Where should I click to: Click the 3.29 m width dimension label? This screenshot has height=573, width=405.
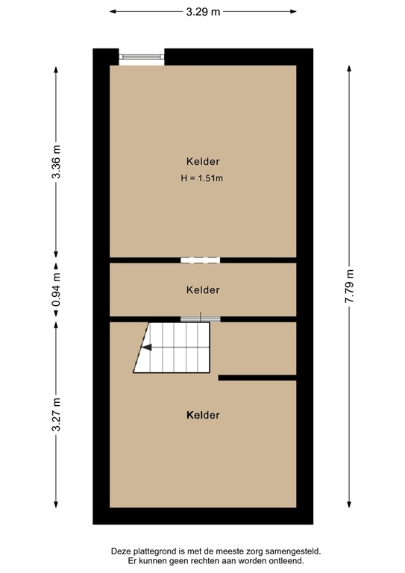(203, 12)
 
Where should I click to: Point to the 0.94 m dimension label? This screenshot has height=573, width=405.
(56, 291)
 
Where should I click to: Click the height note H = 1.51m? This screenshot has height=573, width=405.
(202, 178)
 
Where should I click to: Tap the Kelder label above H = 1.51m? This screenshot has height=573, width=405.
(203, 161)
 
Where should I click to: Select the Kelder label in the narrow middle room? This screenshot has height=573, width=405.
(203, 289)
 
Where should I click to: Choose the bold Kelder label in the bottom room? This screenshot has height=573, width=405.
(203, 415)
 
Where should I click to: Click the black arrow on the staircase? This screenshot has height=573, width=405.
(148, 347)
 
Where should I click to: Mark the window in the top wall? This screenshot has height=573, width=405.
(142, 57)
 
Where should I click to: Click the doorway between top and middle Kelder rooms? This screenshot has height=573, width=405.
(200, 260)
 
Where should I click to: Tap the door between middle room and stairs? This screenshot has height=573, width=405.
(200, 319)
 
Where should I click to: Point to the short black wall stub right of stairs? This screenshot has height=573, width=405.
(257, 378)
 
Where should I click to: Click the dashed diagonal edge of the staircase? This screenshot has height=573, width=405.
(141, 348)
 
